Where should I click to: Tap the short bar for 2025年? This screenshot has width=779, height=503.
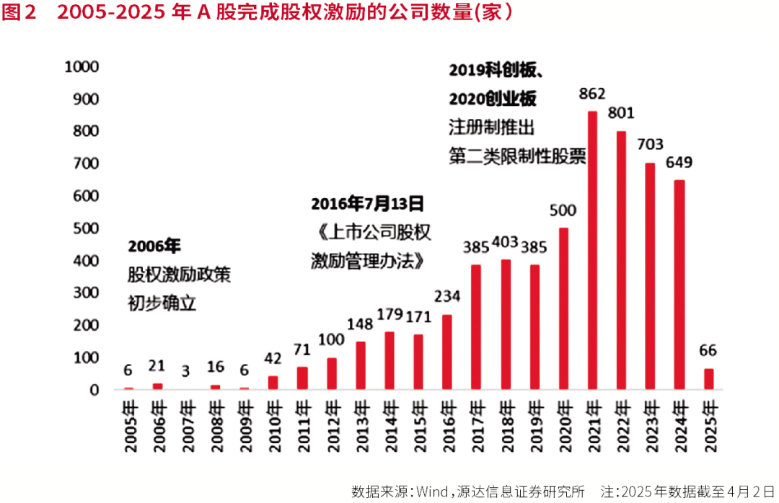coord(708,379)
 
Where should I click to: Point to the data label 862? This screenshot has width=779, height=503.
coord(592,94)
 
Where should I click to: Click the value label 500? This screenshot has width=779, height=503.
coord(563,210)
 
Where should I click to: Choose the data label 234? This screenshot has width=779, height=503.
coord(447,297)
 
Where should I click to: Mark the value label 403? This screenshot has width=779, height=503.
coord(505,242)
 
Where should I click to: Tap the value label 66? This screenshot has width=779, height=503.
coord(708,351)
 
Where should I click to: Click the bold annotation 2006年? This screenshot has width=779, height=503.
coord(154,246)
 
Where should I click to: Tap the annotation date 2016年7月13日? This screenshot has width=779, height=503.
coord(367,204)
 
